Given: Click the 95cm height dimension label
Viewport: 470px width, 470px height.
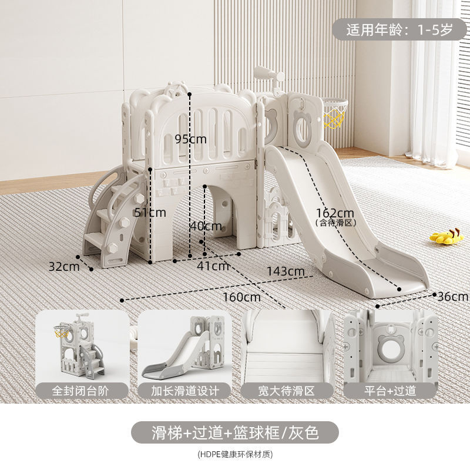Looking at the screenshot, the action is click(x=191, y=139).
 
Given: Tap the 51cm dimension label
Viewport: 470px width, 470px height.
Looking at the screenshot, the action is click(x=150, y=212).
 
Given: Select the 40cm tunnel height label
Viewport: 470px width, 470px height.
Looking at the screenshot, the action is click(x=206, y=226).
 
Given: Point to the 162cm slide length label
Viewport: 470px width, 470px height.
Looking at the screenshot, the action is click(x=335, y=212).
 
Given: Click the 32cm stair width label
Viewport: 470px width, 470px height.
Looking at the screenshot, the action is click(x=63, y=266).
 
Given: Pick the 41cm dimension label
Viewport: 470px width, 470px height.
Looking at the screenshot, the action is click(x=213, y=266).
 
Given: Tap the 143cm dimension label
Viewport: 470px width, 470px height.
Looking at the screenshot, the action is click(x=286, y=271).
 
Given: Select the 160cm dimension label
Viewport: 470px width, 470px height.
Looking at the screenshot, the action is click(x=241, y=297).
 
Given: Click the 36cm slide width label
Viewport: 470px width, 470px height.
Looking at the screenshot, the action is click(x=452, y=297).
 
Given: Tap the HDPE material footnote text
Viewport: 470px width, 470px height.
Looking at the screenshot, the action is click(x=234, y=454).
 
